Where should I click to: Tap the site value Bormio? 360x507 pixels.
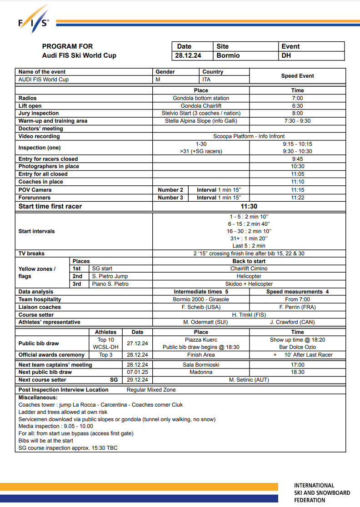(x=228, y=55)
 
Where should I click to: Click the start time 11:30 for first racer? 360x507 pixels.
(x=249, y=206)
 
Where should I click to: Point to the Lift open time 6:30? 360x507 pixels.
(x=297, y=106)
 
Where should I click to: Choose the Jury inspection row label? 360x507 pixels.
(x=39, y=113)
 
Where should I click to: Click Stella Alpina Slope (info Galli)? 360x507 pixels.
(x=201, y=121)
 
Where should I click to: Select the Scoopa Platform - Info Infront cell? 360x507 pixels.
(x=249, y=136)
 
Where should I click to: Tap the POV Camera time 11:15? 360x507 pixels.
(x=297, y=190)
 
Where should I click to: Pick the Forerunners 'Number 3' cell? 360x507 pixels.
(x=170, y=198)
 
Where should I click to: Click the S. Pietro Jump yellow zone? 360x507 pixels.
(x=110, y=276)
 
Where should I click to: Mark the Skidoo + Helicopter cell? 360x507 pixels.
(x=249, y=284)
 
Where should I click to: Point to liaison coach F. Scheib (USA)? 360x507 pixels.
(x=201, y=307)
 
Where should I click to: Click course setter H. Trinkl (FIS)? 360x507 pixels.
(x=249, y=315)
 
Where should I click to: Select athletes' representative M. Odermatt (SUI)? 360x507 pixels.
(x=201, y=322)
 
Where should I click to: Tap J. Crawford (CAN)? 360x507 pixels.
(x=297, y=322)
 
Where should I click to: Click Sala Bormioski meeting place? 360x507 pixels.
(x=201, y=365)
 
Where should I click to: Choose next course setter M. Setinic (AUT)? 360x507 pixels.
(x=249, y=380)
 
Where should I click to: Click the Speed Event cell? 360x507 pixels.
(x=297, y=76)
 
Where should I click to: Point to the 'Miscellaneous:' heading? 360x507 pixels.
(x=38, y=398)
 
